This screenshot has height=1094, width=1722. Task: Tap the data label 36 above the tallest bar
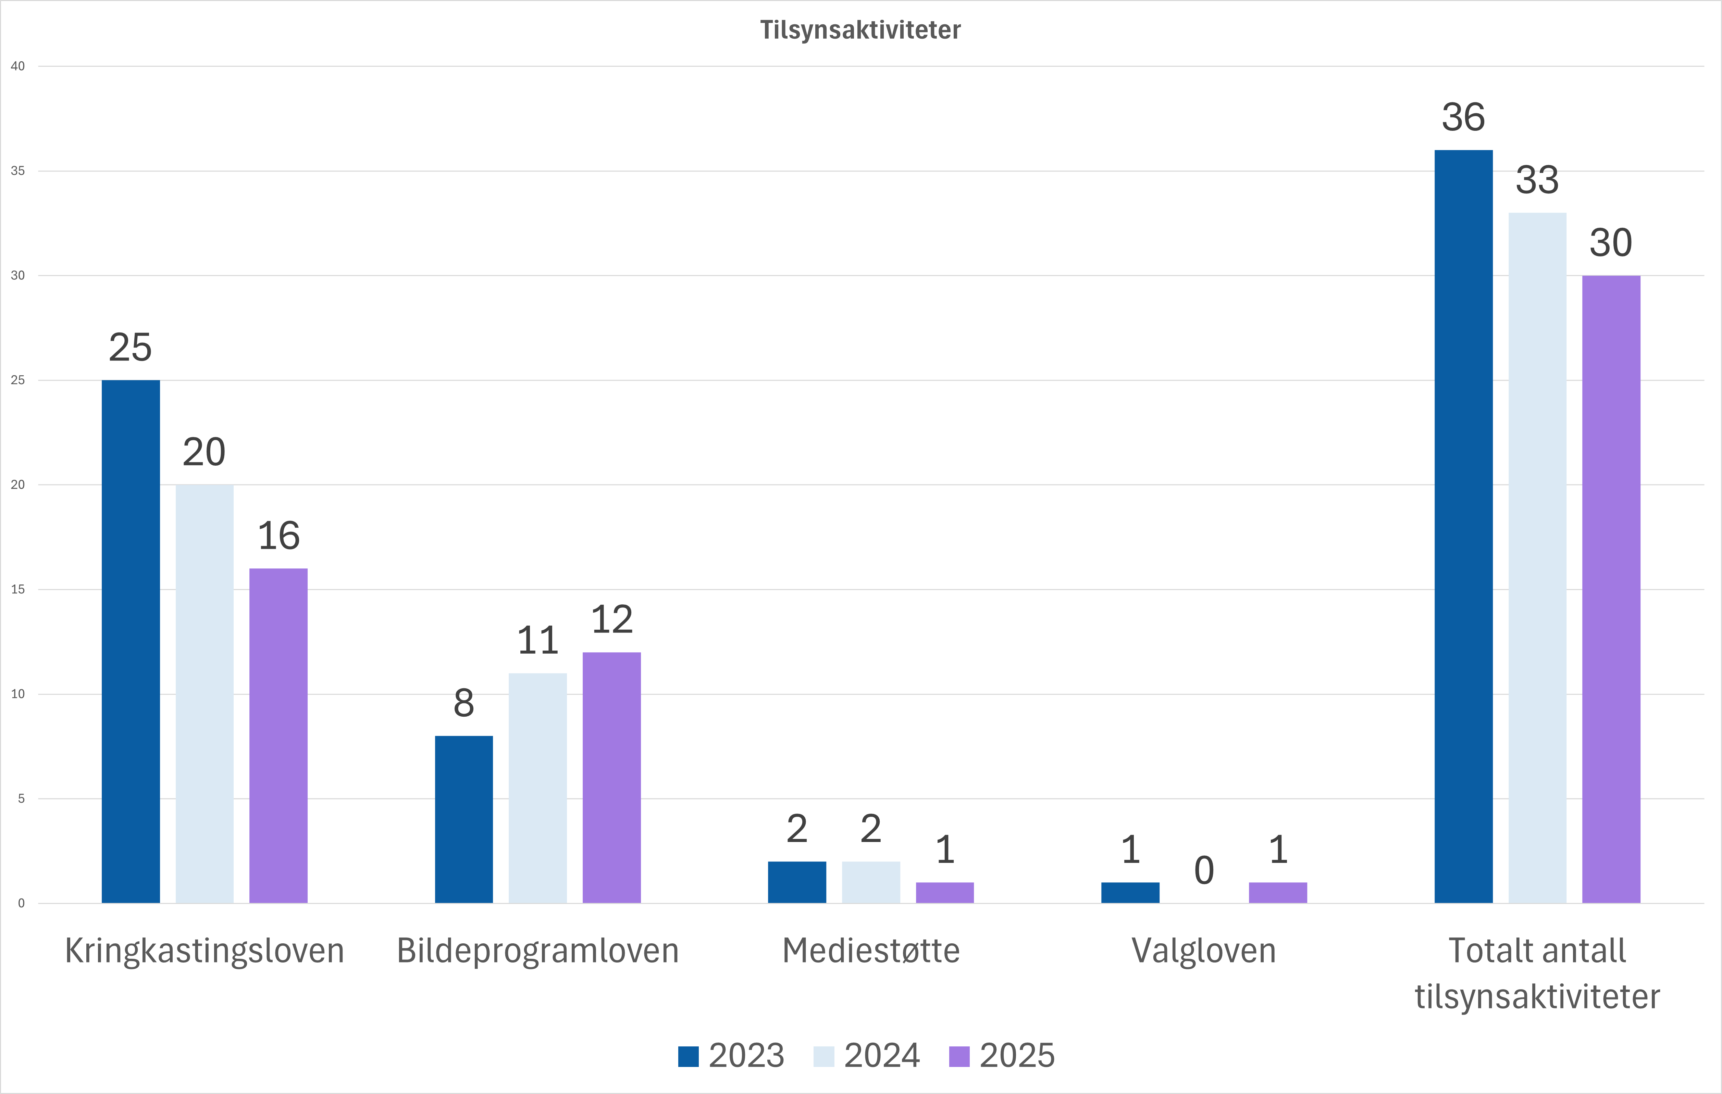(x=1463, y=117)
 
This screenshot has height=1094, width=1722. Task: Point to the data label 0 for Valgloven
(x=1204, y=870)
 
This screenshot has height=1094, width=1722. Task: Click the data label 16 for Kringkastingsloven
(x=278, y=536)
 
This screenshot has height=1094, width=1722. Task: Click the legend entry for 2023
(x=731, y=1055)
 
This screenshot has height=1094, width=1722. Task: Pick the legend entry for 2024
(x=867, y=1055)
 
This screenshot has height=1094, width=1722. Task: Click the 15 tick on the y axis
(x=18, y=589)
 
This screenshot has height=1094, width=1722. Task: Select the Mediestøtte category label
(x=871, y=951)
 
